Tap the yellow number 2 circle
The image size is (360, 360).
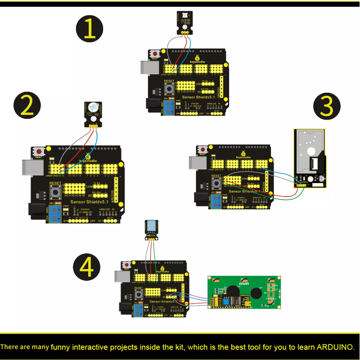point(27,105)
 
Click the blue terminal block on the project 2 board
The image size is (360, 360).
point(56,215)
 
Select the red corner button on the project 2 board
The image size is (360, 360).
point(39,151)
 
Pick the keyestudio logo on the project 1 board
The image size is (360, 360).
point(184,58)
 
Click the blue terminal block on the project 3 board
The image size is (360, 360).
point(217,200)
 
